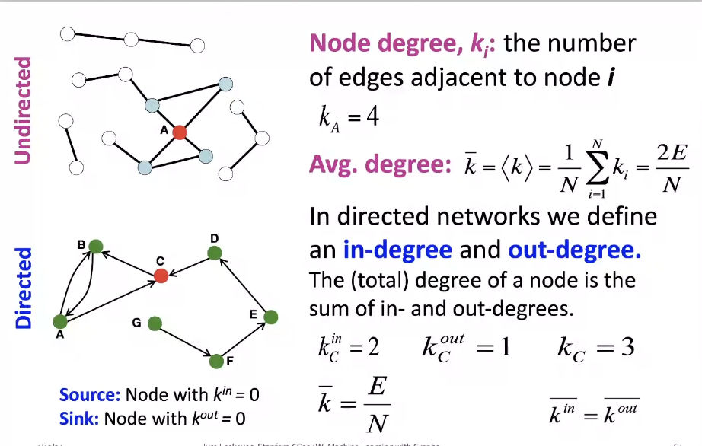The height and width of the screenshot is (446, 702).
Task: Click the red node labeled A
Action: coord(179,132)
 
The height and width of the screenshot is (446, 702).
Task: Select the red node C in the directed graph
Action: coord(161,275)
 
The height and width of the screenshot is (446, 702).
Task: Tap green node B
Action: coord(95,246)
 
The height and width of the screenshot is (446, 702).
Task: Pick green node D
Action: coord(215,253)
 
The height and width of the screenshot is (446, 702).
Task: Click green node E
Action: coord(270,317)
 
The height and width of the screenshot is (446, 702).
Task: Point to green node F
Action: coord(217,360)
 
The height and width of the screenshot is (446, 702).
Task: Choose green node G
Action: coord(155,323)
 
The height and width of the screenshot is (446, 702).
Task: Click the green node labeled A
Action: coord(59,322)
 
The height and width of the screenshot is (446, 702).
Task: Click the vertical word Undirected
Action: coord(24,110)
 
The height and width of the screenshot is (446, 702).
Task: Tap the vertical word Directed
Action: coord(24,288)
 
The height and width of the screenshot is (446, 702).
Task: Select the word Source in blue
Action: coord(89,395)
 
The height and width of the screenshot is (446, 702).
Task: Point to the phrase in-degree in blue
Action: coord(397,250)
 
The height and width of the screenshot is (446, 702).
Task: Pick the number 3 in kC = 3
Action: coord(626,347)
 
